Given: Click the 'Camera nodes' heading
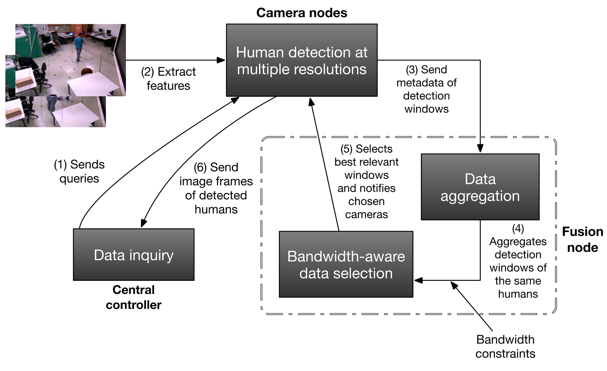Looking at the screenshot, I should point(301,13).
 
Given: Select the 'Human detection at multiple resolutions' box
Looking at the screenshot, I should point(301,60).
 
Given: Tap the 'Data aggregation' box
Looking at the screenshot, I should point(480,187).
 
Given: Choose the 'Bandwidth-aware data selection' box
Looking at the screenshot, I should point(346,264).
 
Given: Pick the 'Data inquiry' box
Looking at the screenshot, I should point(133,254).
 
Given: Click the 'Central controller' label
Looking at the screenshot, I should point(133,297).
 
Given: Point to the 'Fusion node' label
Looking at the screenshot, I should point(582,239).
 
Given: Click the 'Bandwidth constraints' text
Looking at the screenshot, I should point(505,346).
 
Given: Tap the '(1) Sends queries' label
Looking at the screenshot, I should point(79,171).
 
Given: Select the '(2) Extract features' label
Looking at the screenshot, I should point(168,79).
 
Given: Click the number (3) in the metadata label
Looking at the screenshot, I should point(412,70).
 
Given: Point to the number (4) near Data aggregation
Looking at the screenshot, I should point(518,229).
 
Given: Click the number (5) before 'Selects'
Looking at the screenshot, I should point(346,149).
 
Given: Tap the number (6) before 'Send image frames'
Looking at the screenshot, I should point(200,168).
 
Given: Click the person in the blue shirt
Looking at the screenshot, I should point(79,46).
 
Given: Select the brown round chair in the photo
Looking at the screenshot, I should point(87,72).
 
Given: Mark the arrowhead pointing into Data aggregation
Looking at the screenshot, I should point(480,149).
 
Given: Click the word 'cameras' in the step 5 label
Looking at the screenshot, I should point(366,214).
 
